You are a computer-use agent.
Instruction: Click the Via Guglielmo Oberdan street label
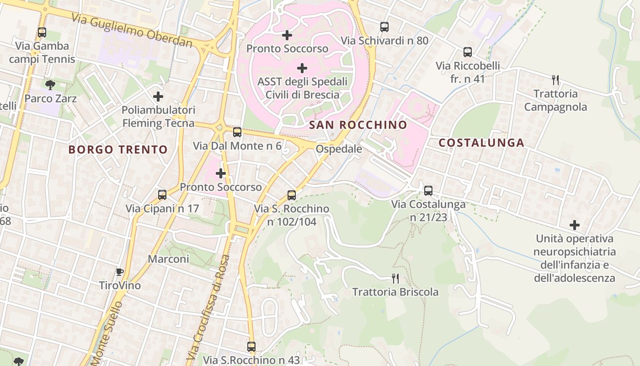pos(132,30)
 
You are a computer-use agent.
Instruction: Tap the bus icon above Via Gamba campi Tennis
pos(42,32)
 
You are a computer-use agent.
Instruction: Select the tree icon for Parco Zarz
pos(50,85)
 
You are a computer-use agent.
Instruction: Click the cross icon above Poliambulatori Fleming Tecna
pos(158,97)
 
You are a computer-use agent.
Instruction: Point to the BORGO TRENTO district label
pos(118,150)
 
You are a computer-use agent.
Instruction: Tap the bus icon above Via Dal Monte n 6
pos(237,132)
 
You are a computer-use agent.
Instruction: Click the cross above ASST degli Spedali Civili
pos(302,68)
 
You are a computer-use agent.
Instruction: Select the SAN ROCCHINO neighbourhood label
pos(358,125)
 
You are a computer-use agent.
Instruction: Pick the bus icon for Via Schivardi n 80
pos(384,27)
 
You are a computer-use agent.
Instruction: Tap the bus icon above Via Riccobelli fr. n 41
pos(468,52)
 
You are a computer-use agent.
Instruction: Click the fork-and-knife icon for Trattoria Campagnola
pos(555,80)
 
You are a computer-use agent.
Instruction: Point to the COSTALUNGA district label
pos(481,143)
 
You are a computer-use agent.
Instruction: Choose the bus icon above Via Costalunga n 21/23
pos(428,190)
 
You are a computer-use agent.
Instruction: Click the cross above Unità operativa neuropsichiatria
pos(575,225)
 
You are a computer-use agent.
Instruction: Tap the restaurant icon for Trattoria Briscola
pos(395,278)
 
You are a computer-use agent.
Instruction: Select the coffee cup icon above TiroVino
pos(120,272)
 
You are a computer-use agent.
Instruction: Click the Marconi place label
pos(168,259)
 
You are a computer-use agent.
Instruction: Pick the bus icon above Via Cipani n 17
pos(162,195)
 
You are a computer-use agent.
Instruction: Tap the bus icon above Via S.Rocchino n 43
pos(251,347)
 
